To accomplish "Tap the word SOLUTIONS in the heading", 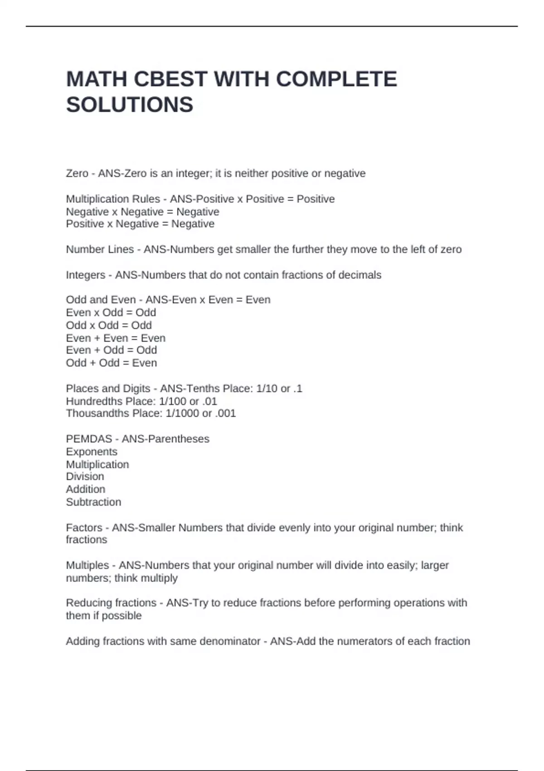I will coord(130,105).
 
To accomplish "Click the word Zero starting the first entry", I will coord(77,173).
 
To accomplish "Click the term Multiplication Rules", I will coord(113,199).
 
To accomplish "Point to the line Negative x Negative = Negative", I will coord(142,212).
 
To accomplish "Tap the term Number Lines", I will coord(100,249).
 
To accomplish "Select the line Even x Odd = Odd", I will coord(111,312).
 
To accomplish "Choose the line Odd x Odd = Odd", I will coord(109,325).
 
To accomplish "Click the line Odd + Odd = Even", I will coord(112,363).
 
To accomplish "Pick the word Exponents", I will coord(92,452).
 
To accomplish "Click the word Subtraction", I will coord(93,502).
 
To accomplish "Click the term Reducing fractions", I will coord(111,603).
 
